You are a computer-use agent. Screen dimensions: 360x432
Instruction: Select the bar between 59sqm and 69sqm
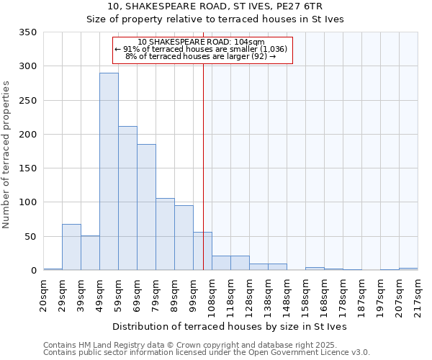pos(127,198)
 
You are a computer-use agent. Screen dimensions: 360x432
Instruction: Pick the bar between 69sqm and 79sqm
pos(146,207)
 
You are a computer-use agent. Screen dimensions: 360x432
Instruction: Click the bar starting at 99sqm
pos(202,251)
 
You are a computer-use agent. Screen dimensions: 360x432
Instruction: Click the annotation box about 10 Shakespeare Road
pos(202,50)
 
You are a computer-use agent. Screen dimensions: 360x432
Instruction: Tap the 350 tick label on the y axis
pos(27,32)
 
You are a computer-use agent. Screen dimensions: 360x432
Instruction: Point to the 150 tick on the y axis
pos(27,168)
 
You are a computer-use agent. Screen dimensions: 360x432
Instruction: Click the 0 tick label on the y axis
pos(33,271)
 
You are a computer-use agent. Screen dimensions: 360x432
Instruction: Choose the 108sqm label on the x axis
pos(212,296)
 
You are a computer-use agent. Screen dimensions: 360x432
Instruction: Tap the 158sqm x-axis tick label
pos(306,296)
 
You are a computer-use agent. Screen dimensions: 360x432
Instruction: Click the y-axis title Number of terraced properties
pos(7,155)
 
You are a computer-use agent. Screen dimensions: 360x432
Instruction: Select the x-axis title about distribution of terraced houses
pos(230,326)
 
